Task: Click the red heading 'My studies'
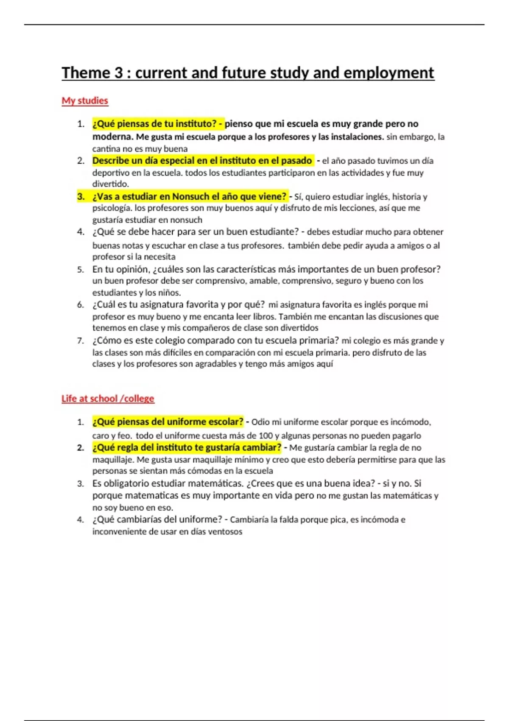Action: coord(85,101)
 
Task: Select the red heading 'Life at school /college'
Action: coord(108,399)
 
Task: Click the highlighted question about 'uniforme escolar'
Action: coord(168,422)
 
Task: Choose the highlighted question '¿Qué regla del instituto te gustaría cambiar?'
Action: coord(187,447)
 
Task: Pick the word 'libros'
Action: coord(264,316)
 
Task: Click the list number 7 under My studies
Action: coord(80,341)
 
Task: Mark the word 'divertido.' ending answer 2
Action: coord(110,184)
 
